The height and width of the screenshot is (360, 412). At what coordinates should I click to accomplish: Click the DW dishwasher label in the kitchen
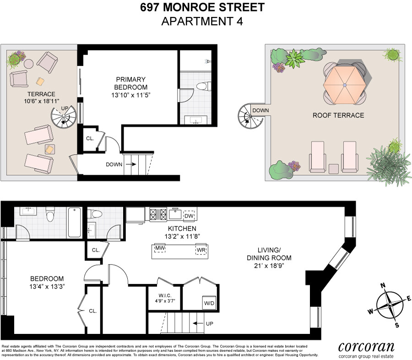(x=189, y=216)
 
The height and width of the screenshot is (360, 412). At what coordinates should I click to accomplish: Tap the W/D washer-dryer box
(x=209, y=303)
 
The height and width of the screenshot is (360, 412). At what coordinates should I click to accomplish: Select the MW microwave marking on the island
(x=160, y=248)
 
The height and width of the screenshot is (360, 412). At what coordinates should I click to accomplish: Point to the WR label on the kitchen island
(x=201, y=250)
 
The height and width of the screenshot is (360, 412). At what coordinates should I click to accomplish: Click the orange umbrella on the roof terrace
(x=344, y=85)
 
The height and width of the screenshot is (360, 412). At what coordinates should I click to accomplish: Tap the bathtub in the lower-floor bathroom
(x=75, y=222)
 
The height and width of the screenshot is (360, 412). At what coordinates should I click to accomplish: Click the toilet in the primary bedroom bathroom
(x=204, y=86)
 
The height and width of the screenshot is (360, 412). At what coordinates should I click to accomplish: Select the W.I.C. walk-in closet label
(x=165, y=296)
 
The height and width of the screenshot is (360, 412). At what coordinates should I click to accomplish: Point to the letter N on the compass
(x=383, y=285)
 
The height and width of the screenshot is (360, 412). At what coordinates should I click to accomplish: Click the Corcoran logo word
(x=366, y=347)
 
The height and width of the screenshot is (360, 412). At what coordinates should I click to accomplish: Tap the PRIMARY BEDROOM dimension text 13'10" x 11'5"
(x=130, y=95)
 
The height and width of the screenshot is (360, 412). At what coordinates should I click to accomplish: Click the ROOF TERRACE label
(x=338, y=115)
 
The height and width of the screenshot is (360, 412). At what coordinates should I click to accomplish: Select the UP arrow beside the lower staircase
(x=198, y=323)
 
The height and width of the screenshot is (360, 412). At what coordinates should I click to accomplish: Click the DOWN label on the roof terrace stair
(x=260, y=111)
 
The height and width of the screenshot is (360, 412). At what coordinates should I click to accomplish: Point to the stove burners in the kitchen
(x=158, y=215)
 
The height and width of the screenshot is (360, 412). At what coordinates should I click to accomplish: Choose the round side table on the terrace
(x=29, y=64)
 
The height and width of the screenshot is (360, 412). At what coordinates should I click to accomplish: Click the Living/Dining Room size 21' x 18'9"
(x=269, y=266)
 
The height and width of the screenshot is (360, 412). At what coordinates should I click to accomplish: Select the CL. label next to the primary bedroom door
(x=90, y=139)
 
